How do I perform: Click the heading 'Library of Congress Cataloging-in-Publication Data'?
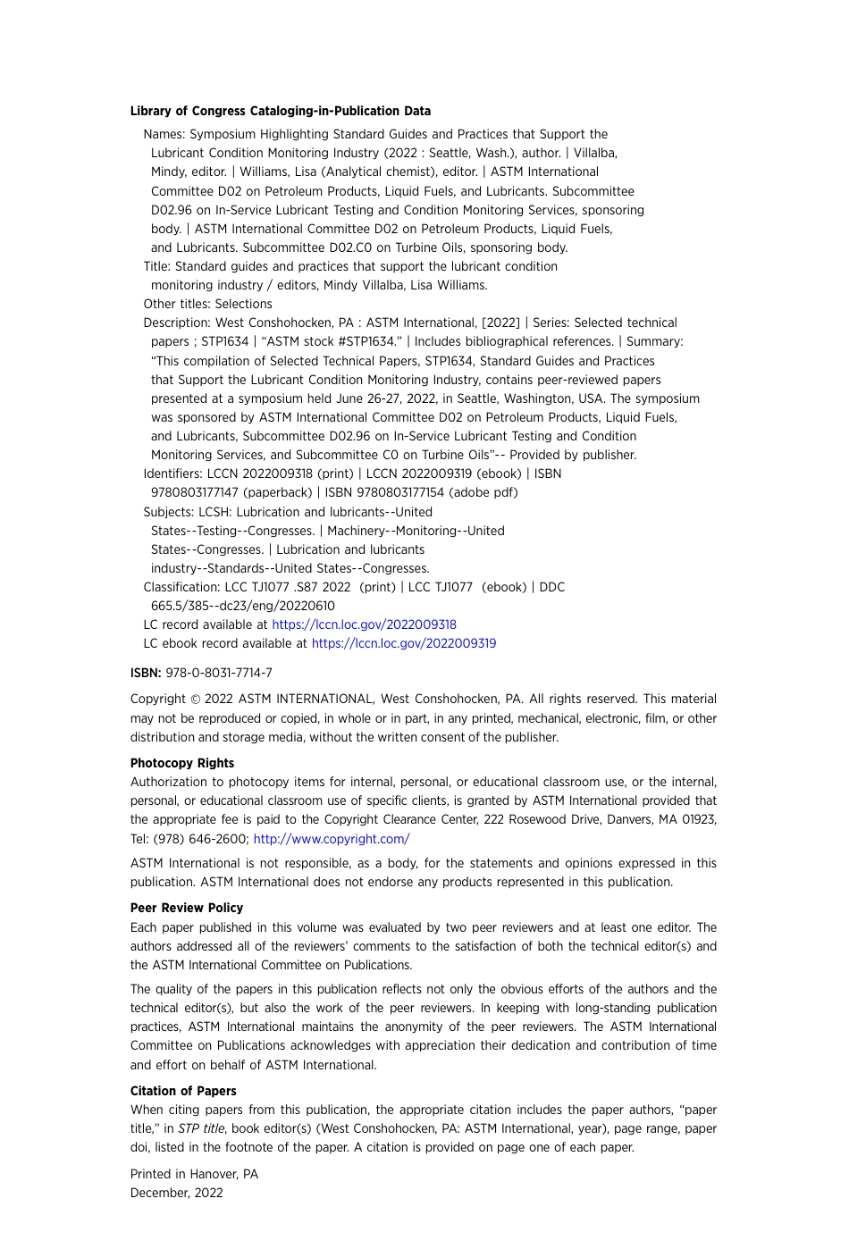(x=280, y=111)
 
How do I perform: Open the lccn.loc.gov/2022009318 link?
(x=364, y=624)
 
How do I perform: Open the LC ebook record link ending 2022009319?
(x=403, y=643)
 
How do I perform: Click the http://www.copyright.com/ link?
(x=331, y=839)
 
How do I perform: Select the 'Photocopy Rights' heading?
(x=182, y=763)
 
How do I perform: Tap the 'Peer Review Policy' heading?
(x=187, y=908)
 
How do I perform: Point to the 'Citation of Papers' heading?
(x=183, y=1091)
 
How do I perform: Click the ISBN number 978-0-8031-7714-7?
(x=219, y=673)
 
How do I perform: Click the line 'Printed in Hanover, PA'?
(x=194, y=1174)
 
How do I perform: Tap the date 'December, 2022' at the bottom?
(x=177, y=1193)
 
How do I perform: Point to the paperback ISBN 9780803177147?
(x=195, y=492)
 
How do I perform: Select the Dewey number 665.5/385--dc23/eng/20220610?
(x=243, y=606)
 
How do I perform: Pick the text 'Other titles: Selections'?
(x=207, y=304)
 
